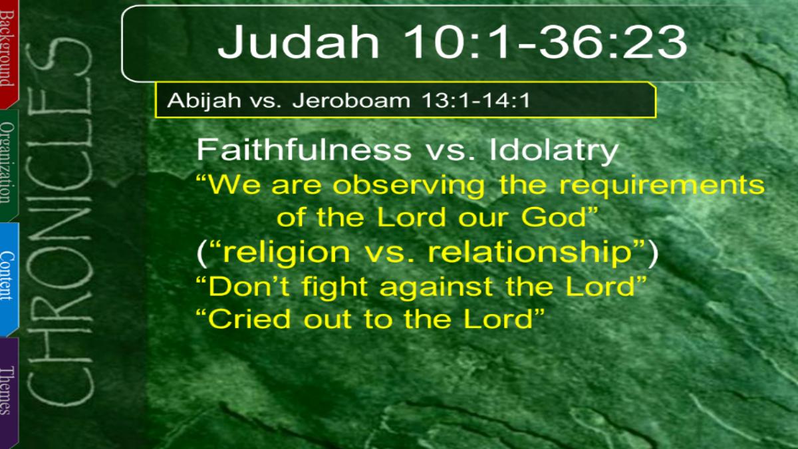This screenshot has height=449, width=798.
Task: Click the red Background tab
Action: click(x=9, y=53)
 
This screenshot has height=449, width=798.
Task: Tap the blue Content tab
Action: click(x=9, y=279)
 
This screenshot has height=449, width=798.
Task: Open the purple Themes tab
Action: click(x=9, y=392)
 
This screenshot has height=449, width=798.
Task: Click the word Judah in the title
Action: click(x=299, y=42)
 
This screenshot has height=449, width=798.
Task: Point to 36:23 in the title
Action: click(x=613, y=42)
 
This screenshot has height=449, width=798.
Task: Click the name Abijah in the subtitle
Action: click(x=203, y=100)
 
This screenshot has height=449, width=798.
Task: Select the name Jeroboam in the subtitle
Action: click(x=351, y=100)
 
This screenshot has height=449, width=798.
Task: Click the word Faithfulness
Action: click(x=304, y=150)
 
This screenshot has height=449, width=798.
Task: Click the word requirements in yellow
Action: click(x=662, y=186)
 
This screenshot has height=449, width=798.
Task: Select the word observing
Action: click(x=408, y=186)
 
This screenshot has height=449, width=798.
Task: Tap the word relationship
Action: click(x=530, y=253)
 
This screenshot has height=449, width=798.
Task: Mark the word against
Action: click(x=436, y=287)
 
